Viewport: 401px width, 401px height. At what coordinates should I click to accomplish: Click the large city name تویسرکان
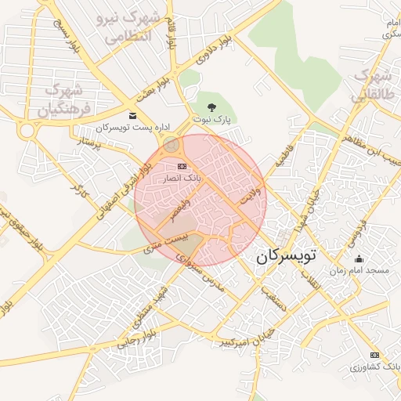click(x=286, y=255)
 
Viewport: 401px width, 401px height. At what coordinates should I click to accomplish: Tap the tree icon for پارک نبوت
click(x=211, y=107)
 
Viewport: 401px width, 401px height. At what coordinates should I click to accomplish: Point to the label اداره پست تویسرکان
click(x=123, y=127)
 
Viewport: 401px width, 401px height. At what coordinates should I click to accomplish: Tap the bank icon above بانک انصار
click(x=182, y=166)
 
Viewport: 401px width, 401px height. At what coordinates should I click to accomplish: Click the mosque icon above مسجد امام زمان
click(x=359, y=259)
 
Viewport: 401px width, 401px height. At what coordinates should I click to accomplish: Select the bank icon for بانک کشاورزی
click(x=374, y=354)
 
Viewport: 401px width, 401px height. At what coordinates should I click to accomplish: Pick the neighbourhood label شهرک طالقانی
click(x=370, y=85)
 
